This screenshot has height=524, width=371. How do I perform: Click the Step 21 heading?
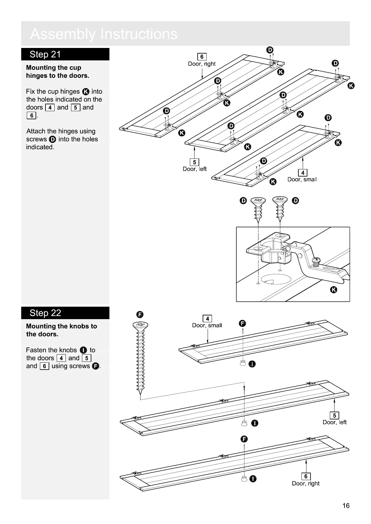point(45,54)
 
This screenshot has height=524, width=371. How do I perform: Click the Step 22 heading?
point(45,313)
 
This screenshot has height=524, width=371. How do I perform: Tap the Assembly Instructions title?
point(104,34)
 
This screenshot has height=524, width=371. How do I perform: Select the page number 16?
point(346,506)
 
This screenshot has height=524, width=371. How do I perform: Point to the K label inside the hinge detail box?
point(333,290)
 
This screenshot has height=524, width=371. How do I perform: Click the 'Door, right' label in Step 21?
point(202,64)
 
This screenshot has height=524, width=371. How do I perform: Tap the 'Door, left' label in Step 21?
point(195,169)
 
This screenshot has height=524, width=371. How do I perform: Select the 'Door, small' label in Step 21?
point(302,179)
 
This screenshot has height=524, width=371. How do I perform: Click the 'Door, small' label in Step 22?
point(207,325)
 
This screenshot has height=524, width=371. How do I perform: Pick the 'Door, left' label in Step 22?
point(335,422)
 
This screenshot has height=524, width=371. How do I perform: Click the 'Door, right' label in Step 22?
point(306,484)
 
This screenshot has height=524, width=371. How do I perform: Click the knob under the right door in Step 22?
point(244,479)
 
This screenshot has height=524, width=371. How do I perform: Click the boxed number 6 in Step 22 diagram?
point(306,476)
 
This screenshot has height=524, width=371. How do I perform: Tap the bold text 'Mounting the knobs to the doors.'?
point(61,330)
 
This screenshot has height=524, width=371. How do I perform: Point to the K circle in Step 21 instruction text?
point(86,92)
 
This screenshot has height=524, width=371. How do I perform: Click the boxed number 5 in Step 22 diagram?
point(334,415)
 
